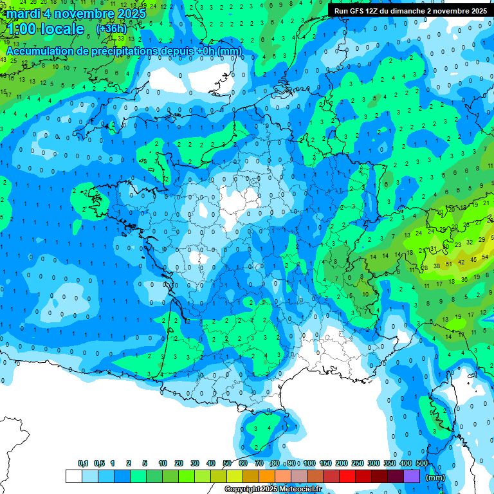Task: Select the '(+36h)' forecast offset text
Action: coord(111,28)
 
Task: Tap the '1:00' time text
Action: coord(21,29)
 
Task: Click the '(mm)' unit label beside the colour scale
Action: coord(435,477)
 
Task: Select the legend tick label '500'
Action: coord(422,463)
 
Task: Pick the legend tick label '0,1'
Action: coord(82,463)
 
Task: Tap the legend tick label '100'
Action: coord(309,463)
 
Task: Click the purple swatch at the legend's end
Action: coord(412,476)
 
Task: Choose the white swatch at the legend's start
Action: coord(74,476)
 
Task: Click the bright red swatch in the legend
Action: coord(347,476)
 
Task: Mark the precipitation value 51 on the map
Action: coord(450,262)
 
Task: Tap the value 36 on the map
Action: coord(463,280)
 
